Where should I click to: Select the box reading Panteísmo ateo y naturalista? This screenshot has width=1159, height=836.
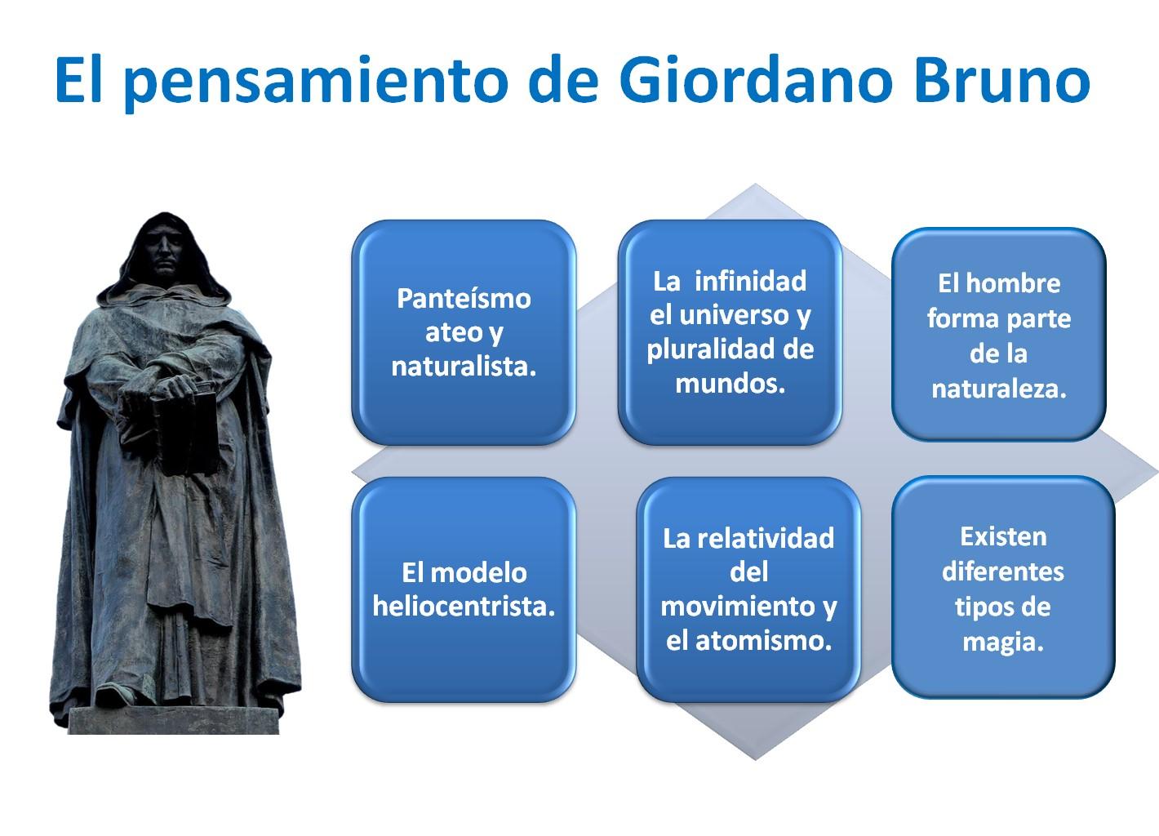(464, 331)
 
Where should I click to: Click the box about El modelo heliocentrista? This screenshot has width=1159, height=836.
(464, 589)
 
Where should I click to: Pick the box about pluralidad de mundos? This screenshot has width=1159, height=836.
(730, 331)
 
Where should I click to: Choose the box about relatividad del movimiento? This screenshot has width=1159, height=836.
(748, 589)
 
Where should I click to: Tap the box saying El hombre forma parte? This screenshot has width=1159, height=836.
(998, 335)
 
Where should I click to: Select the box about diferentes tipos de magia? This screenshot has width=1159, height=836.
(1003, 588)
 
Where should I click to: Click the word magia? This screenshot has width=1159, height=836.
(1003, 642)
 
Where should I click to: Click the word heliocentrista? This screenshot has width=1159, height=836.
(464, 607)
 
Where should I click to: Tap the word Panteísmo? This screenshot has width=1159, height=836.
(464, 298)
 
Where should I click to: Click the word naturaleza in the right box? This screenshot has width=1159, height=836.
(999, 389)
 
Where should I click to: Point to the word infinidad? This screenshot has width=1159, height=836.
(750, 281)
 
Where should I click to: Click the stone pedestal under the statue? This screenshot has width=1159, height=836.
(173, 720)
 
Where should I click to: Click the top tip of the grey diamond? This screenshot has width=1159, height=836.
(756, 187)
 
